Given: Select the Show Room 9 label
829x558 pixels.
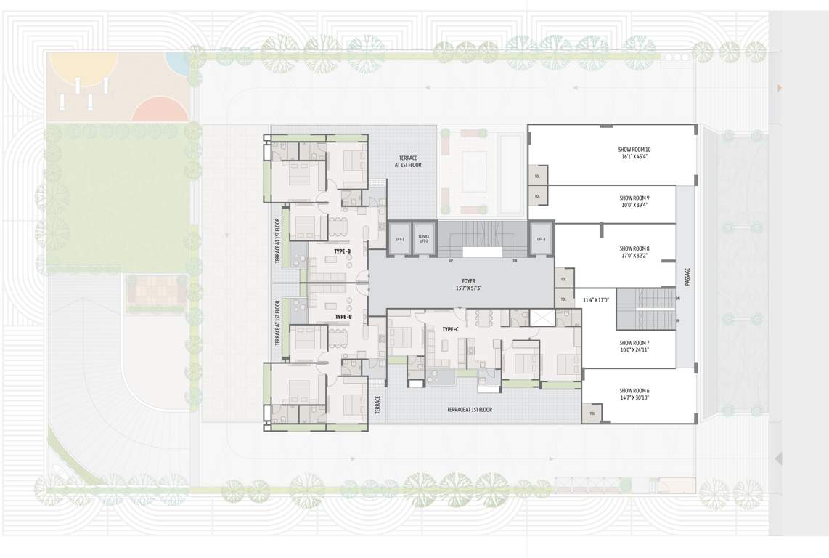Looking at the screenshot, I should point(634,198).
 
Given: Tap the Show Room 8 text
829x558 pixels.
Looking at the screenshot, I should point(634,248).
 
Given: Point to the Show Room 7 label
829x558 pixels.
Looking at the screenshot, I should point(634,343).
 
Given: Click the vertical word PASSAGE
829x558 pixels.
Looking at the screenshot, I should point(687,277).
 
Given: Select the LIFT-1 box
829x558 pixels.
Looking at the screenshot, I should point(400,238).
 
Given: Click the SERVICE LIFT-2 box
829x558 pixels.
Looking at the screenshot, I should point(424,238).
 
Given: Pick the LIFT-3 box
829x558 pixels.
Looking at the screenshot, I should point(540,238).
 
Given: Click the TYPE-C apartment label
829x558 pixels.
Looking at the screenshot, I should point(450,330).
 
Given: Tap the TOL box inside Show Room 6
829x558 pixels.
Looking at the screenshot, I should point(592,413).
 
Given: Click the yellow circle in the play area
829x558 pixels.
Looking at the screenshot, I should point(81,64).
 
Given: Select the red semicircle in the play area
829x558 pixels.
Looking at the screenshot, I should point(161,110).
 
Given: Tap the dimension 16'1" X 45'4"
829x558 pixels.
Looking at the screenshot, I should point(634,156).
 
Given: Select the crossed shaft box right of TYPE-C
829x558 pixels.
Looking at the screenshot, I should point(541,317).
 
